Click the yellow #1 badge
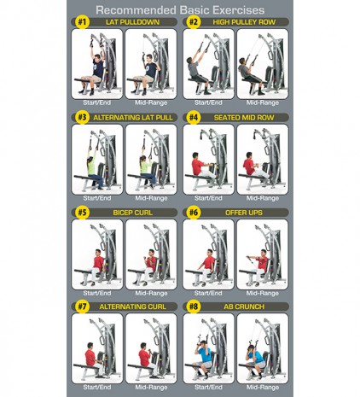click(82, 22)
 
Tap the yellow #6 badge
click(194, 213)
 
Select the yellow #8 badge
click(194, 307)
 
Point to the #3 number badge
click(82, 117)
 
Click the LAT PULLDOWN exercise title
click(132, 22)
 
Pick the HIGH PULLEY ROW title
click(244, 22)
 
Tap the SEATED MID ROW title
click(244, 118)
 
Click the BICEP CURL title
click(132, 213)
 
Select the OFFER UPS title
click(244, 213)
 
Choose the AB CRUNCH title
click(244, 307)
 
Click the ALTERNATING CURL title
click(132, 307)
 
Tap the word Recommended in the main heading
click(136, 10)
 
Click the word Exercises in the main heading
click(238, 10)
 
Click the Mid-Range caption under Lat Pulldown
click(151, 102)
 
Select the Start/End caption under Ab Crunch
click(208, 387)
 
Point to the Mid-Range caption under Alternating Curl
click(151, 387)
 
